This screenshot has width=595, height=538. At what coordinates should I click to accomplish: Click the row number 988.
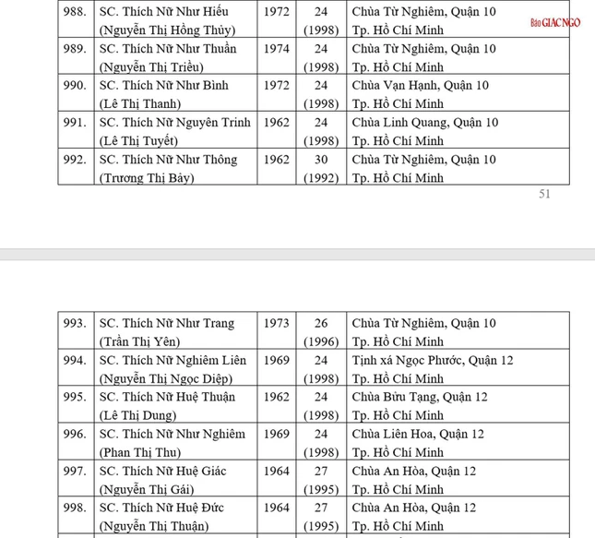75,12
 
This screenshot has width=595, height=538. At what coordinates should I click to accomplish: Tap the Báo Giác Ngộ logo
555,22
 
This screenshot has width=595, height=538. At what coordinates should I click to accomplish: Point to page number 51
543,195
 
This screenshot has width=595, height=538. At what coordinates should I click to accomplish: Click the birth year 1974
276,49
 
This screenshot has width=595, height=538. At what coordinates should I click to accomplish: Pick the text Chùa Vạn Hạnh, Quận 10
421,86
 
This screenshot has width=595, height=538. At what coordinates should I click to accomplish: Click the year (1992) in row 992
320,178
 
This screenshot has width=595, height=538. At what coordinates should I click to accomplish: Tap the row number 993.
75,324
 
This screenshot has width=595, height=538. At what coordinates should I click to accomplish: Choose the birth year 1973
276,324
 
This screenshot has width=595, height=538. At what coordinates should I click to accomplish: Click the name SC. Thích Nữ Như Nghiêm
173,435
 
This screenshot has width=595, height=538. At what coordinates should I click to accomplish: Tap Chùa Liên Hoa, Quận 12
418,435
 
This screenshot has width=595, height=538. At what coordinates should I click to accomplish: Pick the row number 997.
75,472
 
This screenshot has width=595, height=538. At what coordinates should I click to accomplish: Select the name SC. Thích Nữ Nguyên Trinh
174,123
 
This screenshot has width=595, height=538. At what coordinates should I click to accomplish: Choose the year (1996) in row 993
320,342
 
